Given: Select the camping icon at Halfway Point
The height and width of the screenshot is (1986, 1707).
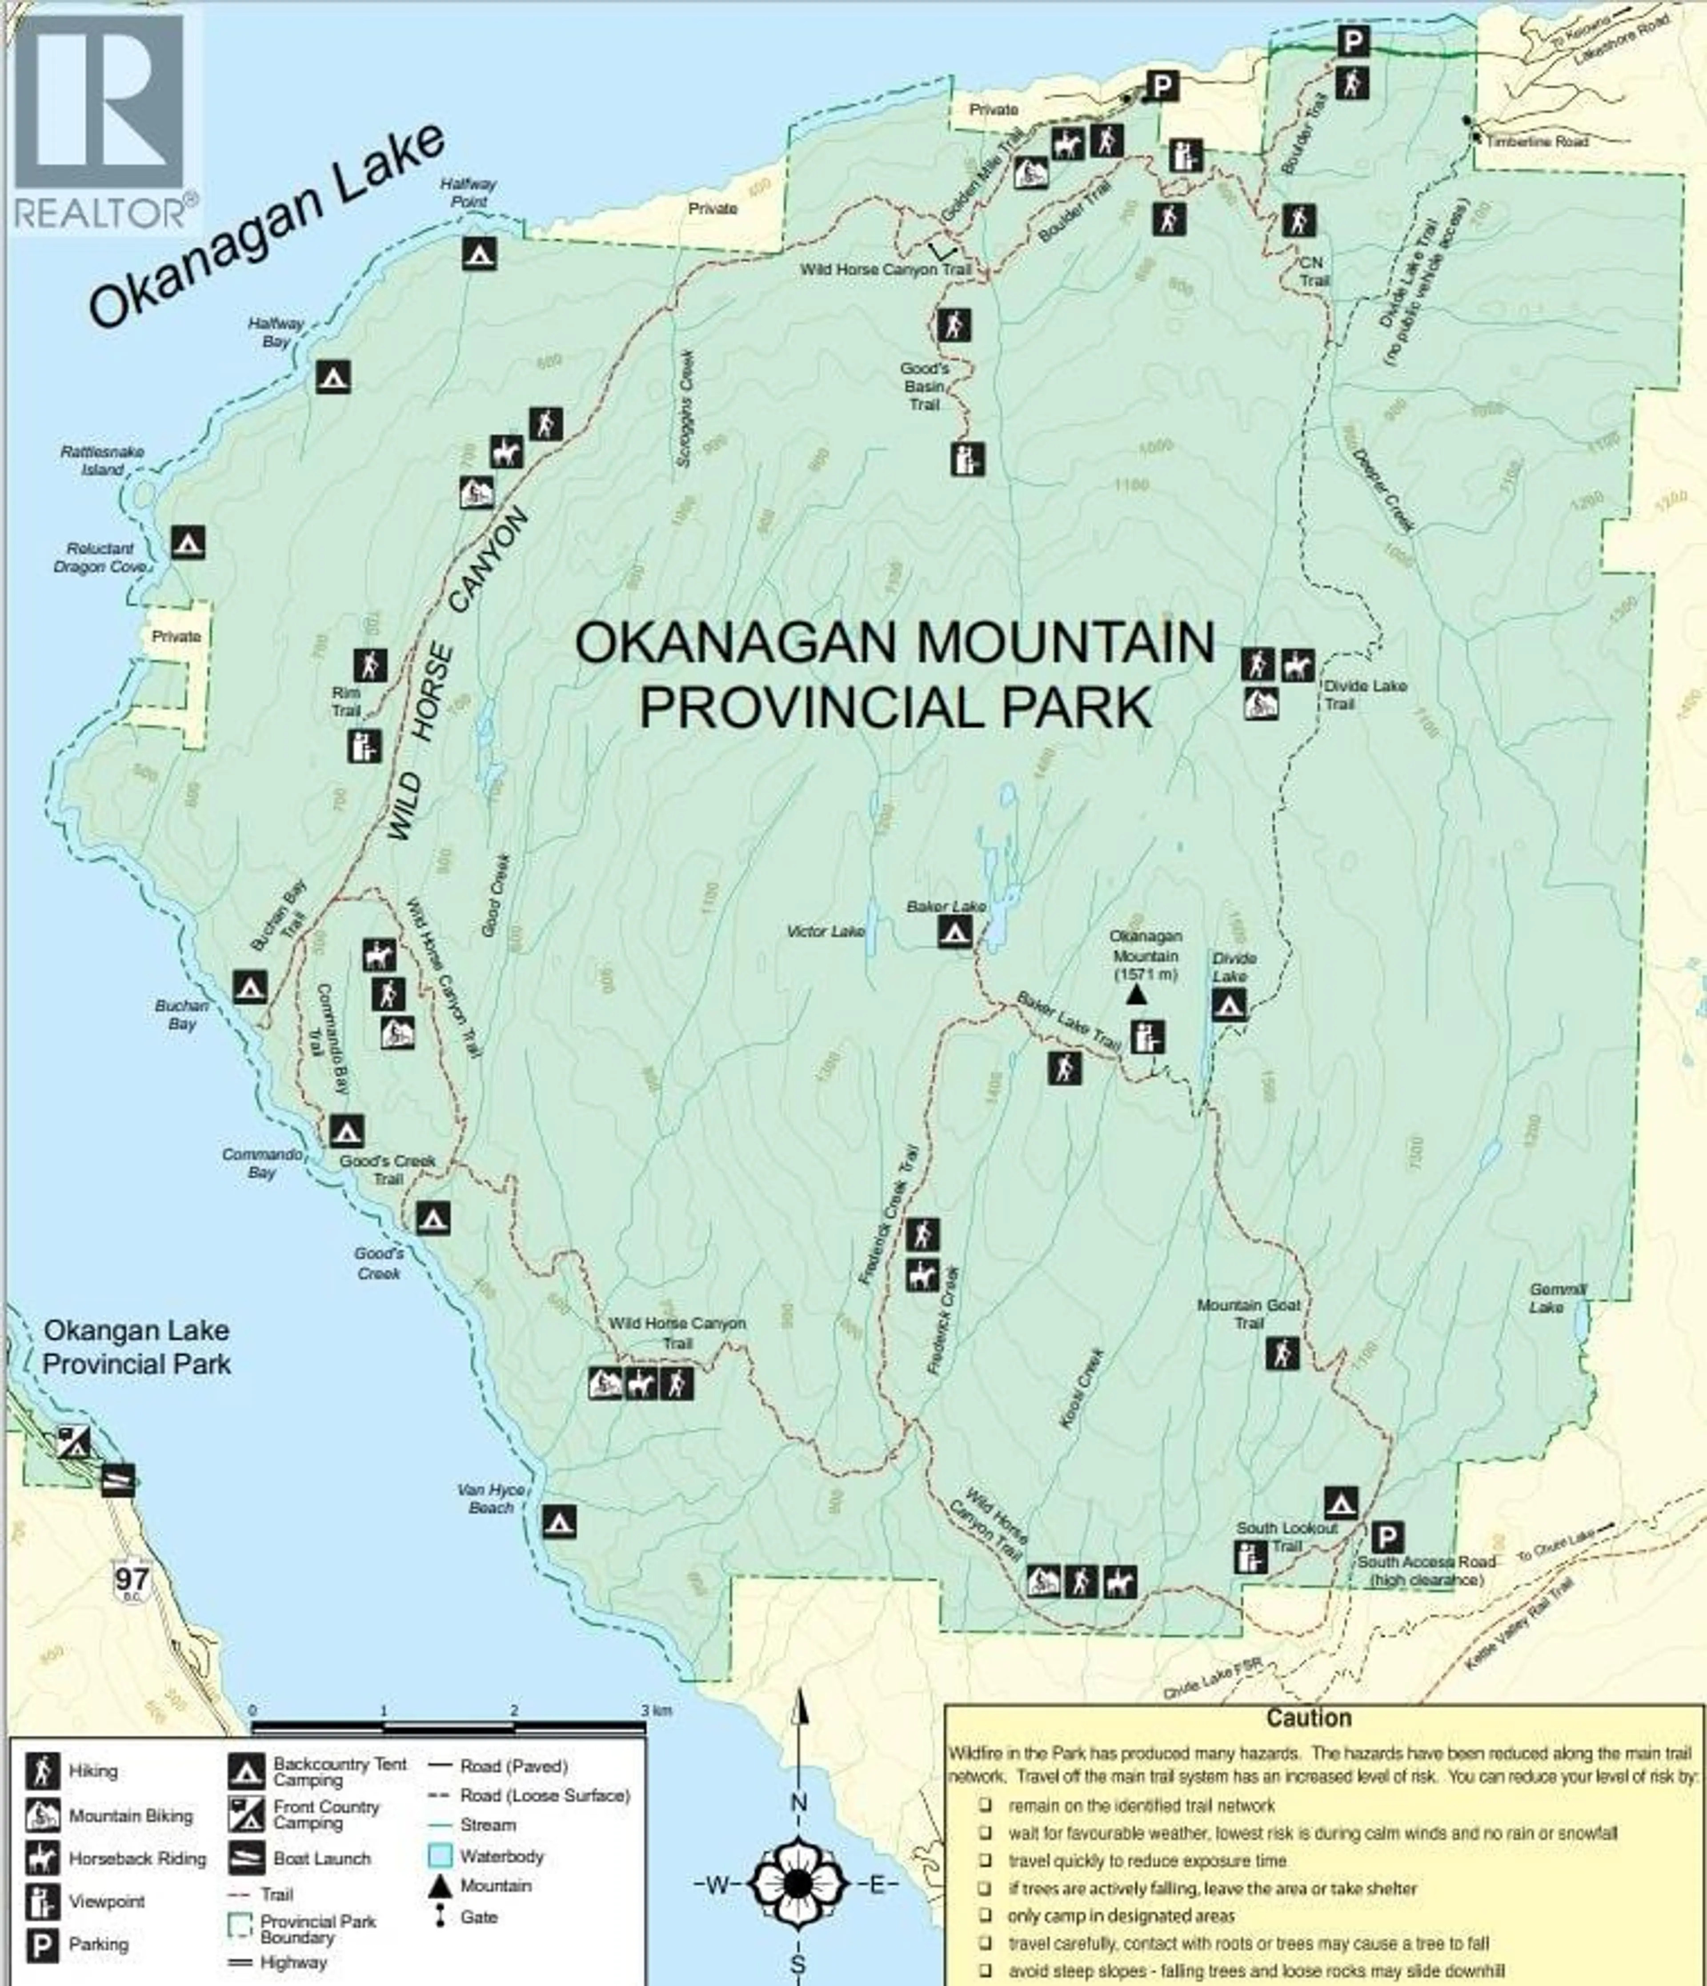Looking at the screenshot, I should click(479, 253).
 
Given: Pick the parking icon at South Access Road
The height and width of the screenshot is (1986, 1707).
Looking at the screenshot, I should click(1387, 1538).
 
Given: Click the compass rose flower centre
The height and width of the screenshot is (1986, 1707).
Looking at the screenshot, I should click(797, 1883).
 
